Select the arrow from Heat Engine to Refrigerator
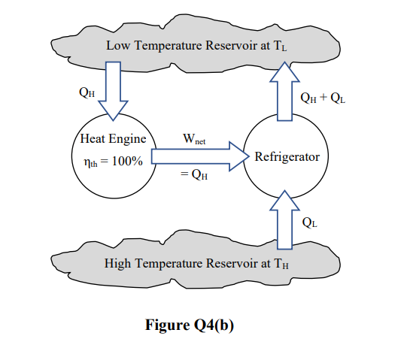coord(200,156)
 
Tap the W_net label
coord(194,140)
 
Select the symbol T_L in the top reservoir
coord(280,46)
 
